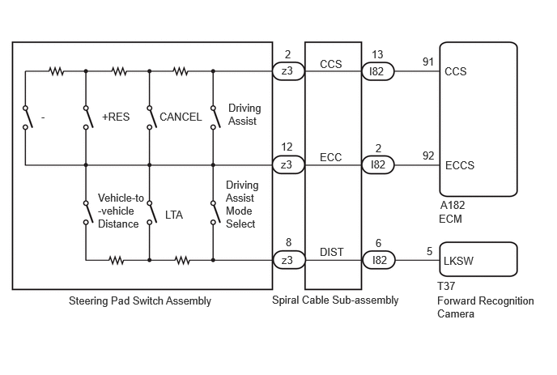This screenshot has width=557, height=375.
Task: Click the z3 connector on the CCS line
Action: [288, 71]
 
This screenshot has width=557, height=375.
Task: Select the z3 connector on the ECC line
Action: [288, 165]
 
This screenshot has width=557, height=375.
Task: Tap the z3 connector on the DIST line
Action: [289, 260]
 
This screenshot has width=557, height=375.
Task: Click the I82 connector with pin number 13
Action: [378, 71]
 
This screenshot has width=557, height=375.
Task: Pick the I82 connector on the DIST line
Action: [379, 260]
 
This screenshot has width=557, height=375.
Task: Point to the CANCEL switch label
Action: [181, 117]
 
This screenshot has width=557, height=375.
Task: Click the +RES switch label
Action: [116, 117]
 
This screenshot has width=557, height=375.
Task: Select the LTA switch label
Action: [174, 215]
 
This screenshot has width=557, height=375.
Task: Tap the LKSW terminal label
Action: [458, 261]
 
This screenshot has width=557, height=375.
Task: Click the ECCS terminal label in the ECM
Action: [460, 165]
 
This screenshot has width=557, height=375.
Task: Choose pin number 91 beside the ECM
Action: [428, 62]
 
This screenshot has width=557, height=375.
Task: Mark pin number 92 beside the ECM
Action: [428, 156]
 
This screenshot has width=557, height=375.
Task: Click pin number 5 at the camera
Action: [429, 252]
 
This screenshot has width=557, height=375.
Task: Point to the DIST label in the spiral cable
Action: [332, 252]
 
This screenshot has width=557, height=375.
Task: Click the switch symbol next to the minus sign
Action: [28, 117]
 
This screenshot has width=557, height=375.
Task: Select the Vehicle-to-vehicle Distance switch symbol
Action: [88, 213]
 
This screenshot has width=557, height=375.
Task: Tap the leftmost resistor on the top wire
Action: [57, 71]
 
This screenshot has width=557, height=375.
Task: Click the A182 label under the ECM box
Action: [453, 206]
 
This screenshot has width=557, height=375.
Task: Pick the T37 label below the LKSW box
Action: [446, 286]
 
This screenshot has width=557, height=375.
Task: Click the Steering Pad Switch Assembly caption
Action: [140, 301]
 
